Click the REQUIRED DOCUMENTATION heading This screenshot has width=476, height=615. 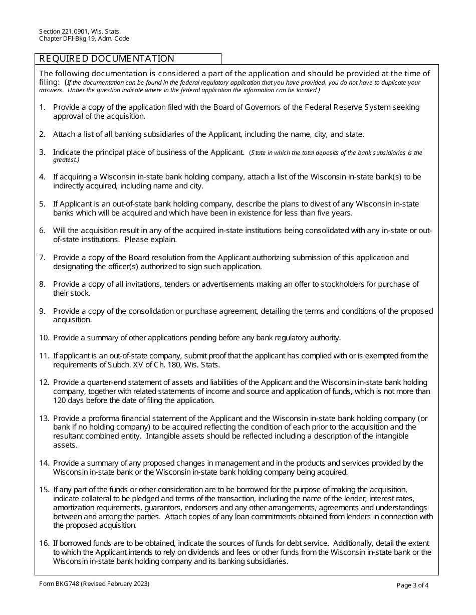point(107,59)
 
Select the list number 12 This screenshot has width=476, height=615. point(44,382)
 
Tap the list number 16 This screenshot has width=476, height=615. point(44,543)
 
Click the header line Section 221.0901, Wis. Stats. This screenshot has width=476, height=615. point(80,31)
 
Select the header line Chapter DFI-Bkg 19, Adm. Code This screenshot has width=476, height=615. point(84,39)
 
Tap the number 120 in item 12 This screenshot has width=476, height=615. point(60,400)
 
